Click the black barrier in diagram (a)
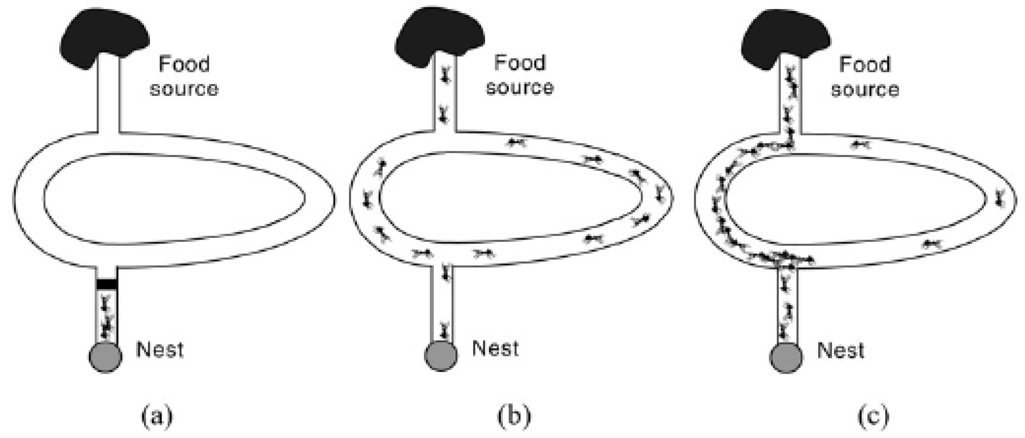[x=107, y=284]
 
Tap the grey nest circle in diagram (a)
[x=105, y=357]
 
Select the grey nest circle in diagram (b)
[x=441, y=355]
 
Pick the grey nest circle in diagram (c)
[x=786, y=357]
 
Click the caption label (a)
[x=157, y=417]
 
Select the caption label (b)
[x=514, y=417]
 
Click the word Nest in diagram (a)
[x=159, y=350]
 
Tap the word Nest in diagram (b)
[x=495, y=348]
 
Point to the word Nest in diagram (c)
[x=840, y=350]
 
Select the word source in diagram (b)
[x=520, y=88]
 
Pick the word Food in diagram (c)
[x=865, y=65]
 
